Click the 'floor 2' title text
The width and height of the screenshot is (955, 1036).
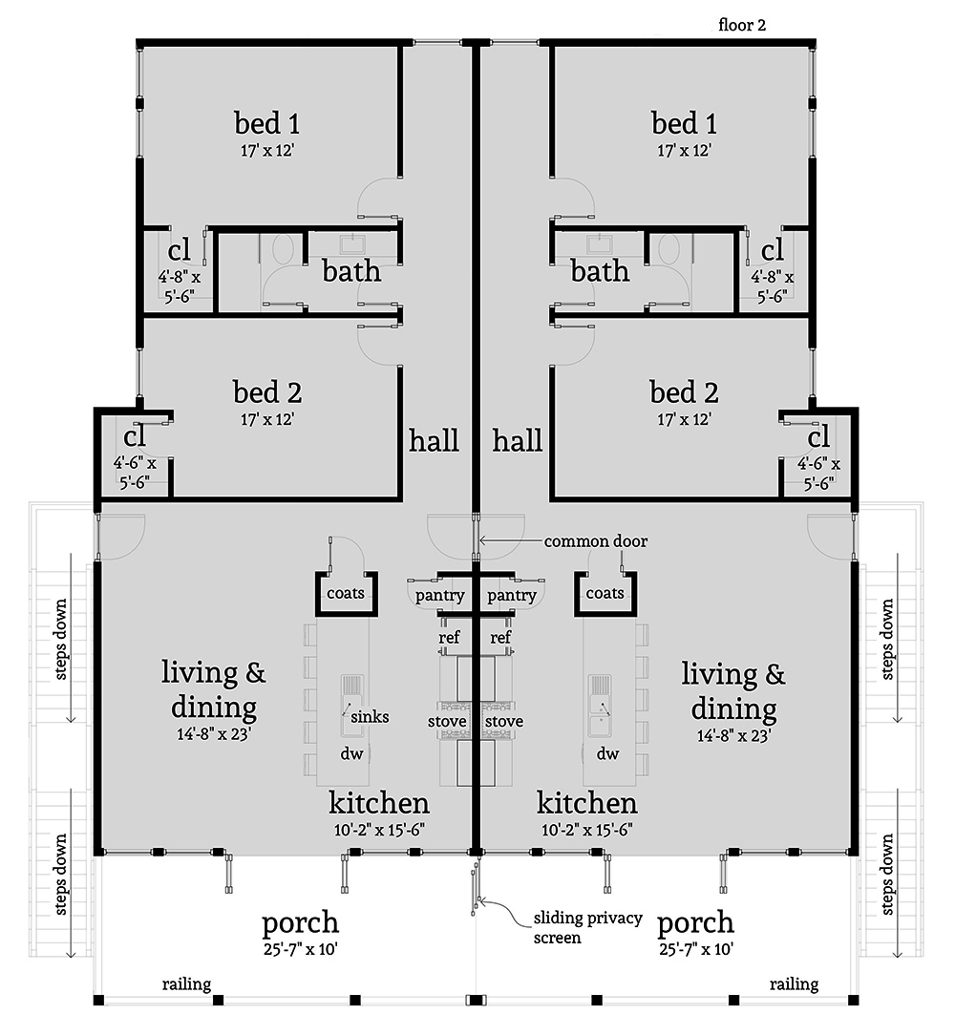coord(742,25)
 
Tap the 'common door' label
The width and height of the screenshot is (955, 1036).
coord(596,541)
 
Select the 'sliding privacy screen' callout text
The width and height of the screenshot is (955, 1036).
coord(587,927)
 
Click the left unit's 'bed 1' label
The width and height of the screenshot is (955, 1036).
coord(267,123)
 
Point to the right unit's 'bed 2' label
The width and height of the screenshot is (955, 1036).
coord(684,391)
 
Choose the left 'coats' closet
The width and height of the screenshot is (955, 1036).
coord(346,593)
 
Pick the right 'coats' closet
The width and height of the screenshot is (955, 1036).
coord(605,593)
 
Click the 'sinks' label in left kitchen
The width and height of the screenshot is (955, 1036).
coord(371,717)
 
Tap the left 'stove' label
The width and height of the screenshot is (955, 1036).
coord(447,721)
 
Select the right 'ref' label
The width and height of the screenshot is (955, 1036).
coord(500,637)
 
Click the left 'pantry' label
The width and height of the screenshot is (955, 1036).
coord(439,595)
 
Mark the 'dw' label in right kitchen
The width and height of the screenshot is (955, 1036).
coord(608,753)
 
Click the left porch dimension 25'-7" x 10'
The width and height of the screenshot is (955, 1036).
coord(300,949)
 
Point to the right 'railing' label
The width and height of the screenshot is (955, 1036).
coord(794,984)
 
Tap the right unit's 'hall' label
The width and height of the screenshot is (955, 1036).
coord(518,440)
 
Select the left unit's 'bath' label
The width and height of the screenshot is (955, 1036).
coord(351,271)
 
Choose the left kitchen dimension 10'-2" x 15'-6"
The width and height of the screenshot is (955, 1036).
coord(379,830)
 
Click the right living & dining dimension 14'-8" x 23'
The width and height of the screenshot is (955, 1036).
coord(733,735)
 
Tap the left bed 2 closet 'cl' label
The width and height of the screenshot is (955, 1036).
coord(134,436)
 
